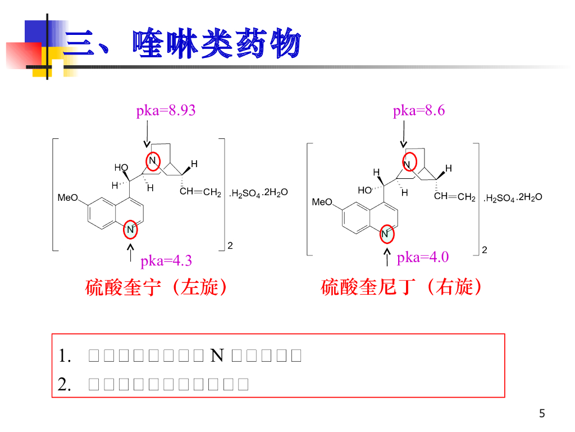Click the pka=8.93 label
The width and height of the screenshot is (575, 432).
[x=166, y=110]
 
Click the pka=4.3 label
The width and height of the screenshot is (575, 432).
[x=166, y=260]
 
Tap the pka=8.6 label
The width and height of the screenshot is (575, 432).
[x=419, y=110]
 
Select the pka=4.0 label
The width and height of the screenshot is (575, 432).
[x=423, y=258]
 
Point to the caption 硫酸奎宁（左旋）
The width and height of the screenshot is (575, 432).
[x=158, y=287]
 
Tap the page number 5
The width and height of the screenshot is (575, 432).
[x=542, y=413]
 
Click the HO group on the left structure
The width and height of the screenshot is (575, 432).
[x=121, y=168]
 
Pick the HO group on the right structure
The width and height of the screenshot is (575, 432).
[x=364, y=190]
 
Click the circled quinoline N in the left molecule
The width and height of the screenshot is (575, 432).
[x=130, y=229]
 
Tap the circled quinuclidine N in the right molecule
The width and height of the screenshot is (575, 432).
[x=409, y=164]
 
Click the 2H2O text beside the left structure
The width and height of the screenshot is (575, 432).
[x=275, y=193]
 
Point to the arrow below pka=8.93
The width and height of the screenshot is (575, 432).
[x=147, y=135]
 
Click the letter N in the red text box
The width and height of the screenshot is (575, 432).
[x=217, y=355]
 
